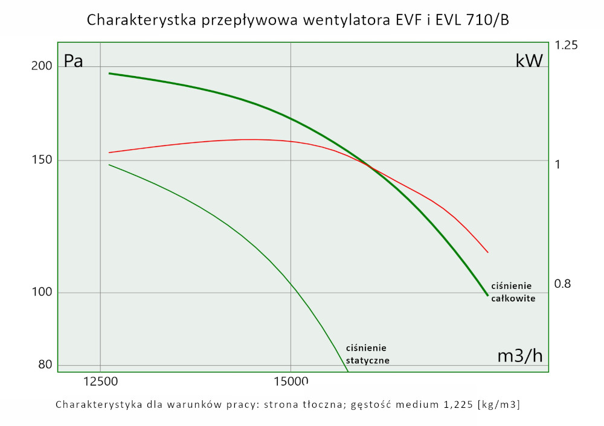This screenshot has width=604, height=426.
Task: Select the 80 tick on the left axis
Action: pos(46,364)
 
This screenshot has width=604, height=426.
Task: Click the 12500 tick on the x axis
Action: pos(100,381)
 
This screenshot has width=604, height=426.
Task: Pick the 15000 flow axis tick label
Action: pos(291,381)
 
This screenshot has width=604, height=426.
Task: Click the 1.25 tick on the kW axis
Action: pos(567,45)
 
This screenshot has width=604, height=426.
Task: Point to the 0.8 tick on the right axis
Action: pos(563,283)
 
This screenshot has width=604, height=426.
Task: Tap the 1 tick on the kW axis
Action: pos(558,164)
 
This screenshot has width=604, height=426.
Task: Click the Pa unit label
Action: pos(73,62)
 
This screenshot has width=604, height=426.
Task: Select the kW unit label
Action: pos(529,60)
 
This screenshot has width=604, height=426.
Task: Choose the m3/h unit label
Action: pos(519,356)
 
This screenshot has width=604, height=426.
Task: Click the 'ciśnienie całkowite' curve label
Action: pos(513,292)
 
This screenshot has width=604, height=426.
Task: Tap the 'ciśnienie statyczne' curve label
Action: pos(367,354)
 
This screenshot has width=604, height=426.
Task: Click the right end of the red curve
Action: pos(487,252)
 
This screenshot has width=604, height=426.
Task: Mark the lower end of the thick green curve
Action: pos(487,296)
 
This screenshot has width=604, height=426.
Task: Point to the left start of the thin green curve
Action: pos(109,165)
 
